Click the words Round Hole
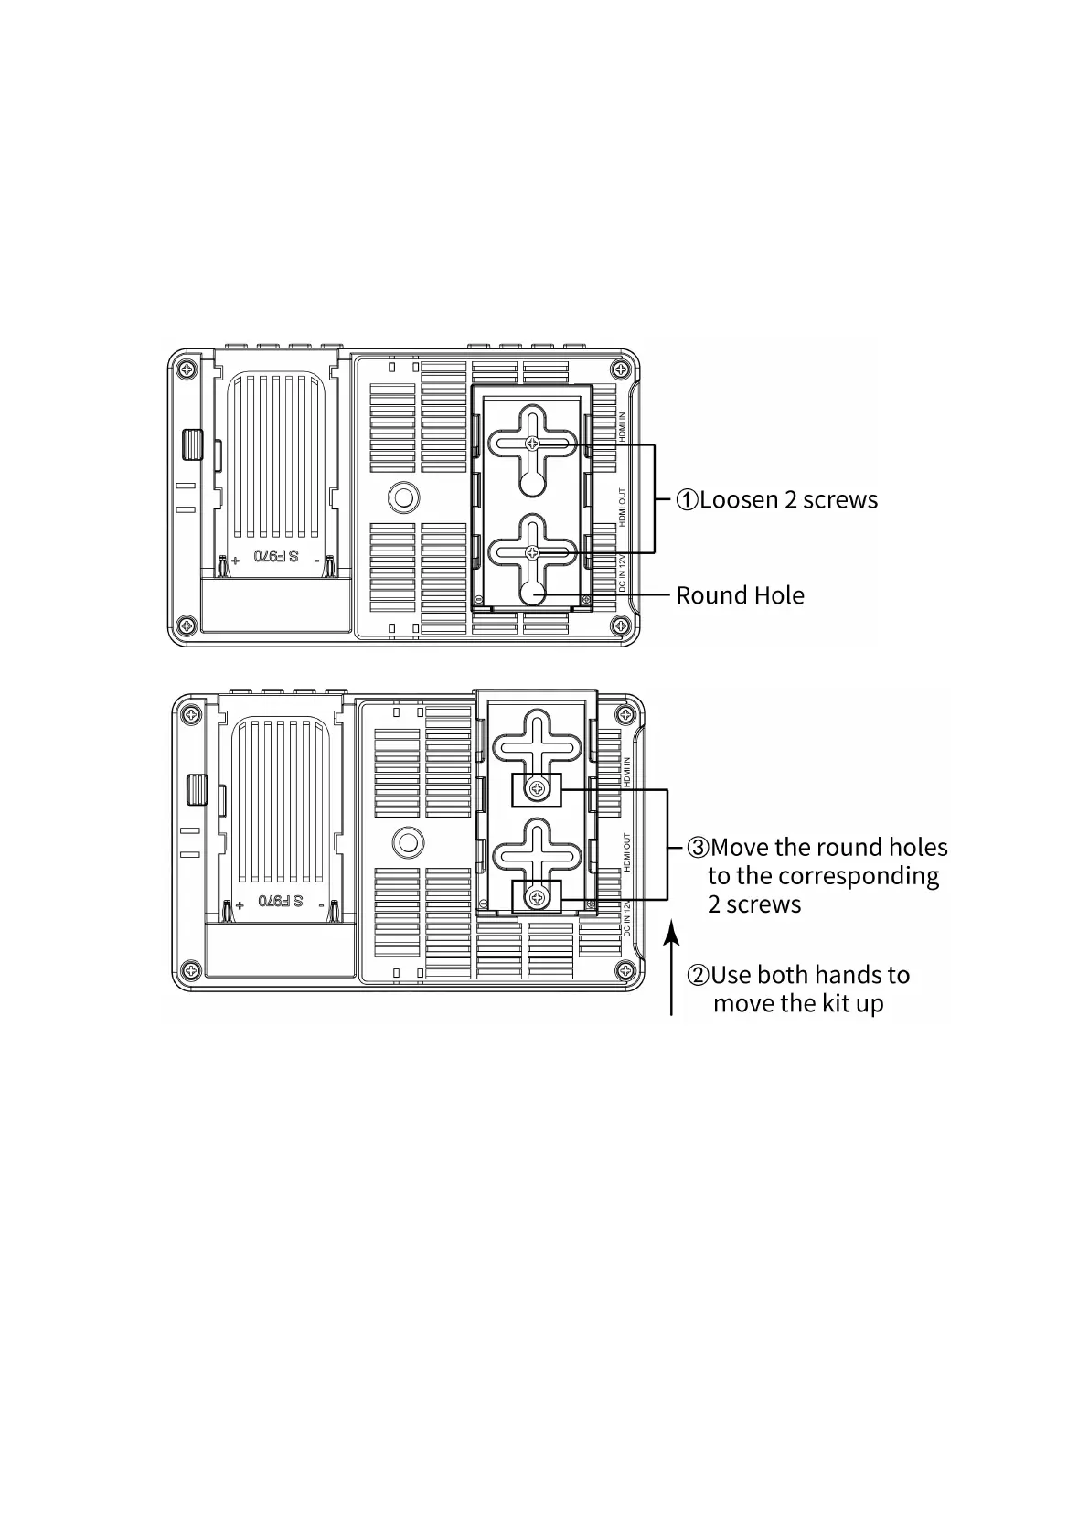point(740,595)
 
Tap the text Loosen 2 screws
point(787,499)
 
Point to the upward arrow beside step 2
point(672,969)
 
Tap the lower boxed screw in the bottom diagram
point(537,896)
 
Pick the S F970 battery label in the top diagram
point(276,556)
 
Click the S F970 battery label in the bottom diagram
point(281,901)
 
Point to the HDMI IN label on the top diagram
point(623,427)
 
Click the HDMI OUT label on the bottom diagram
point(627,851)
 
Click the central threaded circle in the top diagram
point(402,497)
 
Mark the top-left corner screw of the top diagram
point(187,369)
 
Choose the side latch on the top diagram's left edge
point(192,444)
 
